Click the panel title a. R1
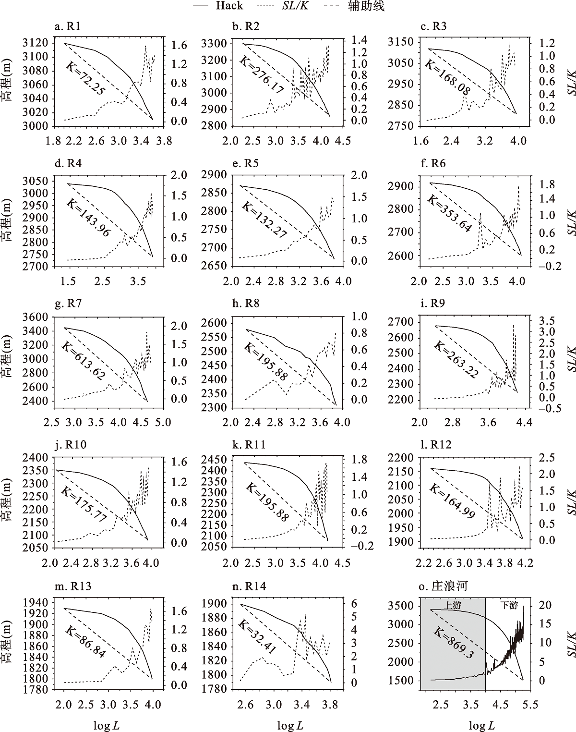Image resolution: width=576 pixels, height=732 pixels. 67,26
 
